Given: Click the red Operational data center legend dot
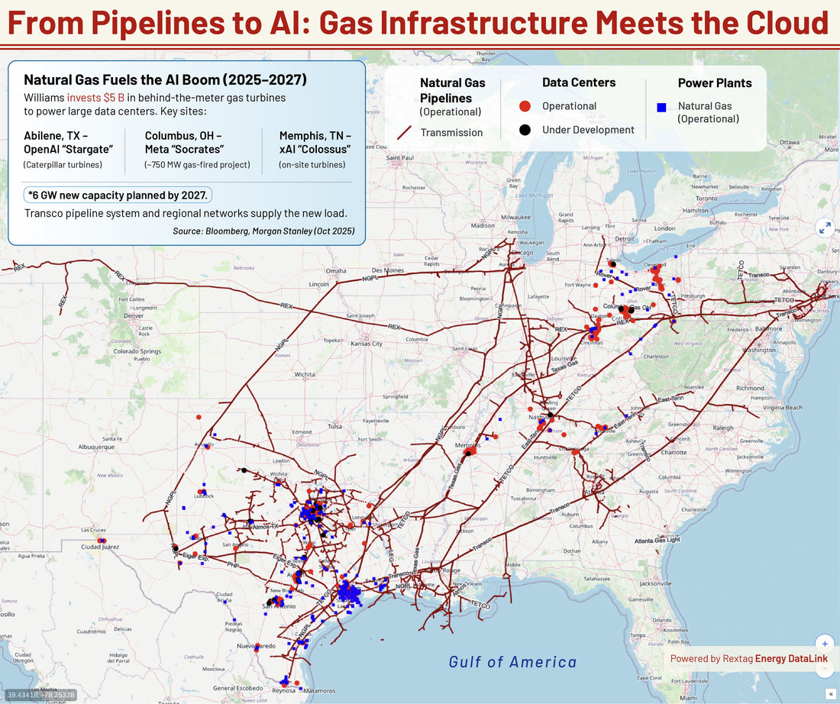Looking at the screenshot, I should pos(525,107).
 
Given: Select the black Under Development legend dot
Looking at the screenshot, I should pos(525,130).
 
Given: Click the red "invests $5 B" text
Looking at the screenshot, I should pos(95,98).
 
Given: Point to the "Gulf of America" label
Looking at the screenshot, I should pos(512,662).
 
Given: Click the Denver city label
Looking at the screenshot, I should pos(133,315).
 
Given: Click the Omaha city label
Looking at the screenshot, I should pos(336,270).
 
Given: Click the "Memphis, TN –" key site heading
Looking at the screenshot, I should pos(315,135).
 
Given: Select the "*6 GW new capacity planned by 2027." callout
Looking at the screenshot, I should pos(118,195).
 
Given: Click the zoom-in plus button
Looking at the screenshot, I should pos(824,644).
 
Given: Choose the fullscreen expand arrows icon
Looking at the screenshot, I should pos(825,227).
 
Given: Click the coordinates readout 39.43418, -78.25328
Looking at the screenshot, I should pos(40,694).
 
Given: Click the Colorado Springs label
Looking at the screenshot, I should pos(137,351).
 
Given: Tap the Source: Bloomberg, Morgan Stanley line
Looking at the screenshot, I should pos(263,231).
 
